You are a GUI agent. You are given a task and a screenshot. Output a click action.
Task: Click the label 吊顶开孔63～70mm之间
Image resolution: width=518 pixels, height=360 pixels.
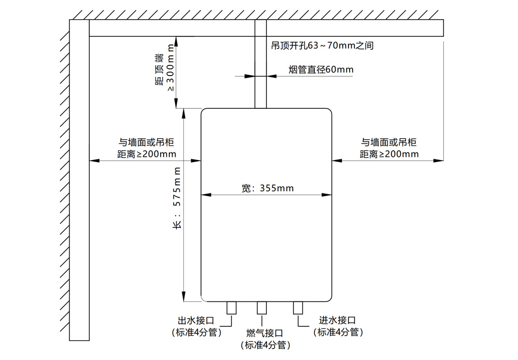[322, 46]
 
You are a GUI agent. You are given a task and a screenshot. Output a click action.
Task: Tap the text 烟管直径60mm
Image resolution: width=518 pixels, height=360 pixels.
[321, 69]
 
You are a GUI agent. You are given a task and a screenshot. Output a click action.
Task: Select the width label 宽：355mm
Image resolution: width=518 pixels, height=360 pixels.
[267, 188]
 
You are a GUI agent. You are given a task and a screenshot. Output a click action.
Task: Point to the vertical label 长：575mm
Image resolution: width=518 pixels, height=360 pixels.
[177, 199]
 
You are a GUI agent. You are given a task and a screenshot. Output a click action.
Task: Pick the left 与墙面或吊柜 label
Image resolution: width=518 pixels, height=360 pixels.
[147, 142]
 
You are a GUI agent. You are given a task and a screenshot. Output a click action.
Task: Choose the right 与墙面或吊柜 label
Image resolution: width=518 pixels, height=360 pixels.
[388, 142]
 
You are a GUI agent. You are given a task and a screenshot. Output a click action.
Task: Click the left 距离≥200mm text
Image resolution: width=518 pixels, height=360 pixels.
[147, 154]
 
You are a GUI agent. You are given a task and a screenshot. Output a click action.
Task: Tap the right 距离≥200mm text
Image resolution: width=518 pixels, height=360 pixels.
[388, 154]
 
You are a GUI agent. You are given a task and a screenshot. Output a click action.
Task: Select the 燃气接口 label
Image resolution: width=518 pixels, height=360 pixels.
[265, 333]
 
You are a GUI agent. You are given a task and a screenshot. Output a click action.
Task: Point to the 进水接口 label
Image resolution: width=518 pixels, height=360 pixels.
[337, 321]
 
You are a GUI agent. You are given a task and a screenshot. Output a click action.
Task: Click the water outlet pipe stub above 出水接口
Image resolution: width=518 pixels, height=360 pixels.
[232, 308]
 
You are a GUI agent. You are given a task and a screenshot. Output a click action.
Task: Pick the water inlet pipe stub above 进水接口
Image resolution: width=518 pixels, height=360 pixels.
[298, 308]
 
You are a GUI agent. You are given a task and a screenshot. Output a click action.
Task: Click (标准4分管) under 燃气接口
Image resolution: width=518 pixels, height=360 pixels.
[265, 345]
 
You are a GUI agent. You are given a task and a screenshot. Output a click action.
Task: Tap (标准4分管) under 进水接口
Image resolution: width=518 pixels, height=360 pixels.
[338, 333]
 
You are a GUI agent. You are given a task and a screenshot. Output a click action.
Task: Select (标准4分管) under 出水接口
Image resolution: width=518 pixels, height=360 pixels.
[196, 333]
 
